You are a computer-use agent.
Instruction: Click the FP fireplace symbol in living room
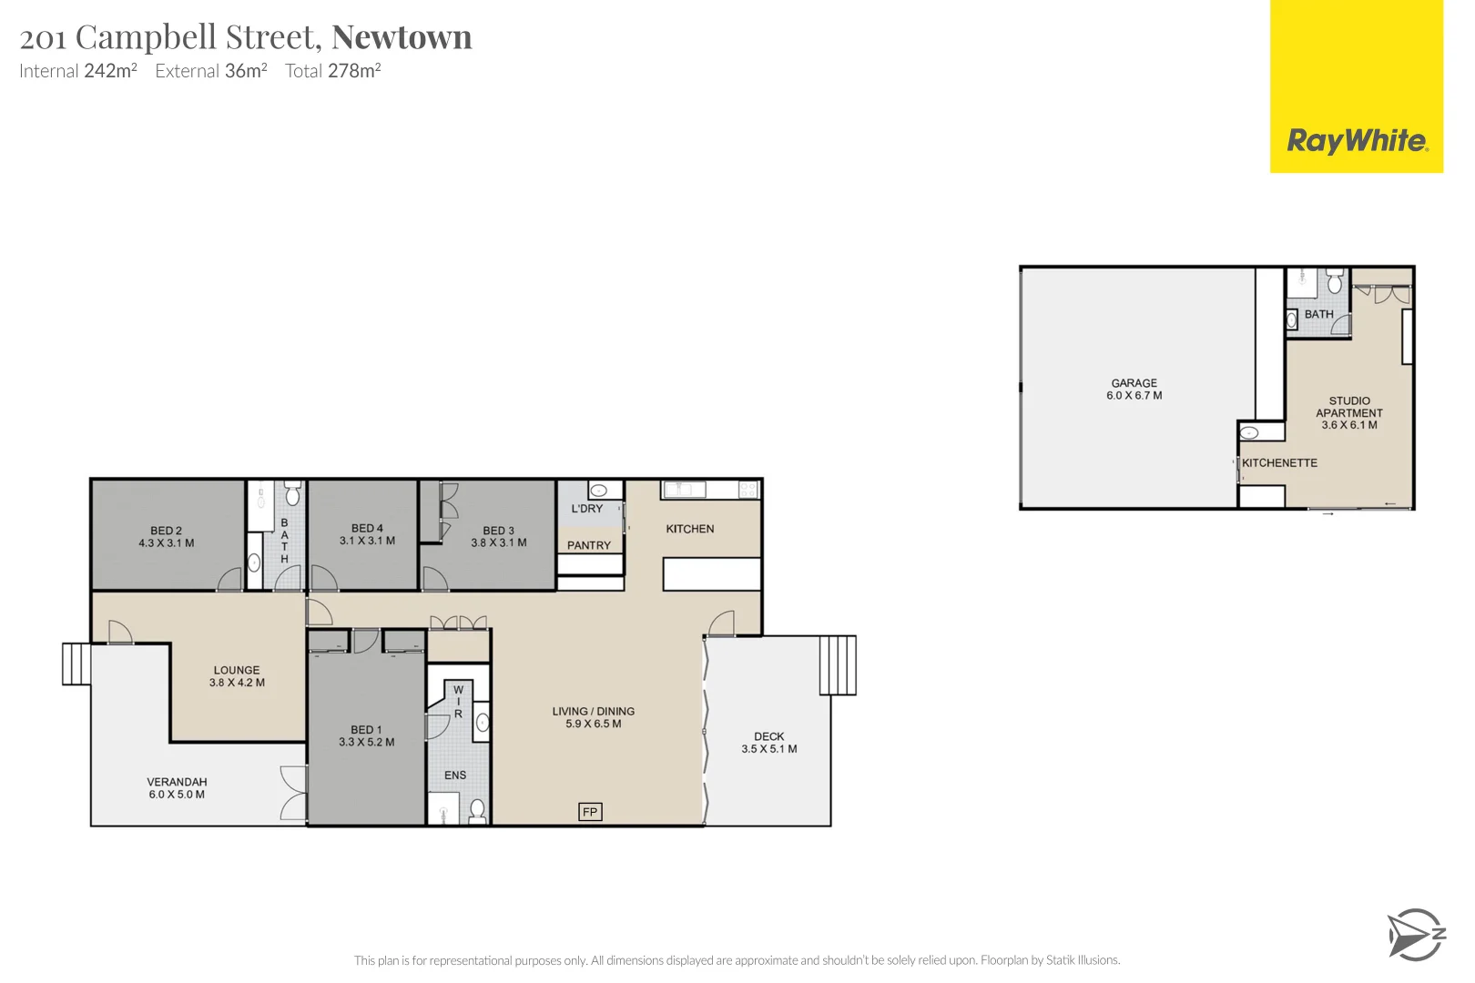[590, 812]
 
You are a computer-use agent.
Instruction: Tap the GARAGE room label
[1134, 383]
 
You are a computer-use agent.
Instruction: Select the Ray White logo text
[1357, 141]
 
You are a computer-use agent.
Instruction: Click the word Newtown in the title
[402, 37]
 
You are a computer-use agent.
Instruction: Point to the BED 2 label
[166, 531]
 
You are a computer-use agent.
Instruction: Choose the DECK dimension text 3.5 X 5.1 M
[768, 749]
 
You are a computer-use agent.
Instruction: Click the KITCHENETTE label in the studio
[1279, 463]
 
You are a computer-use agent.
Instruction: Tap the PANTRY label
[589, 545]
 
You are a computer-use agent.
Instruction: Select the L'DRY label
[587, 509]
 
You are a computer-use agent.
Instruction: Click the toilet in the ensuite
[477, 809]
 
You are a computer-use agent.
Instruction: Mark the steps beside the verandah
[76, 664]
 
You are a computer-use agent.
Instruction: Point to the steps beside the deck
[838, 665]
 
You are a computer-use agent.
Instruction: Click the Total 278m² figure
[333, 71]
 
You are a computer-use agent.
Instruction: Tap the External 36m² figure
[211, 71]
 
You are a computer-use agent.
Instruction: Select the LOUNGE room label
[237, 670]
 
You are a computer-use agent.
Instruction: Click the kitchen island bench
[711, 574]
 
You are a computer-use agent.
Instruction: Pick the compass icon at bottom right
[1416, 934]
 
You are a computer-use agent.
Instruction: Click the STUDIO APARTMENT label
[1348, 407]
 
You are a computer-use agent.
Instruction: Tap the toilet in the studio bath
[1335, 279]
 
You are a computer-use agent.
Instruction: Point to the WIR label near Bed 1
[458, 702]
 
